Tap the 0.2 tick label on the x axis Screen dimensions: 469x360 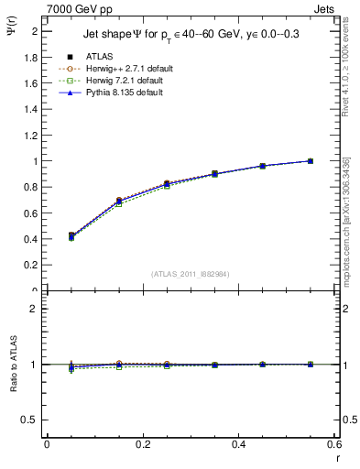point(142,443)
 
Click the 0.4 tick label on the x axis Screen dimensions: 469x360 point(238,443)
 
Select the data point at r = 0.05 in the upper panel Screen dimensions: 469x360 point(47,236)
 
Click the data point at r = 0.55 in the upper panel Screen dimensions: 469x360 point(310,161)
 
